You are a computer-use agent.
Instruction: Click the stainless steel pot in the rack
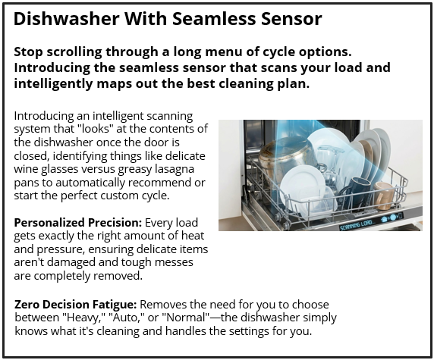click(282, 161)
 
